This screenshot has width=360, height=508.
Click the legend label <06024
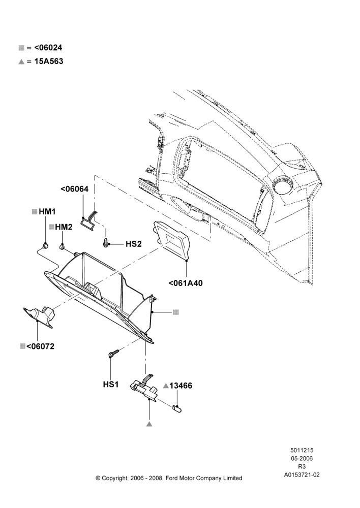[48, 48]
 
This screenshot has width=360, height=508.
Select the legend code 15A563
[49, 61]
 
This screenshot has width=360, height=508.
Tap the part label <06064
[74, 189]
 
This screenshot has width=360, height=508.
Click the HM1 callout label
[47, 211]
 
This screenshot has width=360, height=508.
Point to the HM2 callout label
[64, 227]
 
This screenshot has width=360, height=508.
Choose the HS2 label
[134, 244]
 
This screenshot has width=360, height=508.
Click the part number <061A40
[186, 283]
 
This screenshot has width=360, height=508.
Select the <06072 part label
[40, 346]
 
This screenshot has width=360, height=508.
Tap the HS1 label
[111, 384]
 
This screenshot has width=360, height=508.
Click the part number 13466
[181, 386]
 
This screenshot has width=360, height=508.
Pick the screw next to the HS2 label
[106, 242]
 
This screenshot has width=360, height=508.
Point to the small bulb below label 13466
[177, 408]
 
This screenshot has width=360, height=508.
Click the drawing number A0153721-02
[302, 475]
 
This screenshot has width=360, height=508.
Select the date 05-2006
[302, 458]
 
